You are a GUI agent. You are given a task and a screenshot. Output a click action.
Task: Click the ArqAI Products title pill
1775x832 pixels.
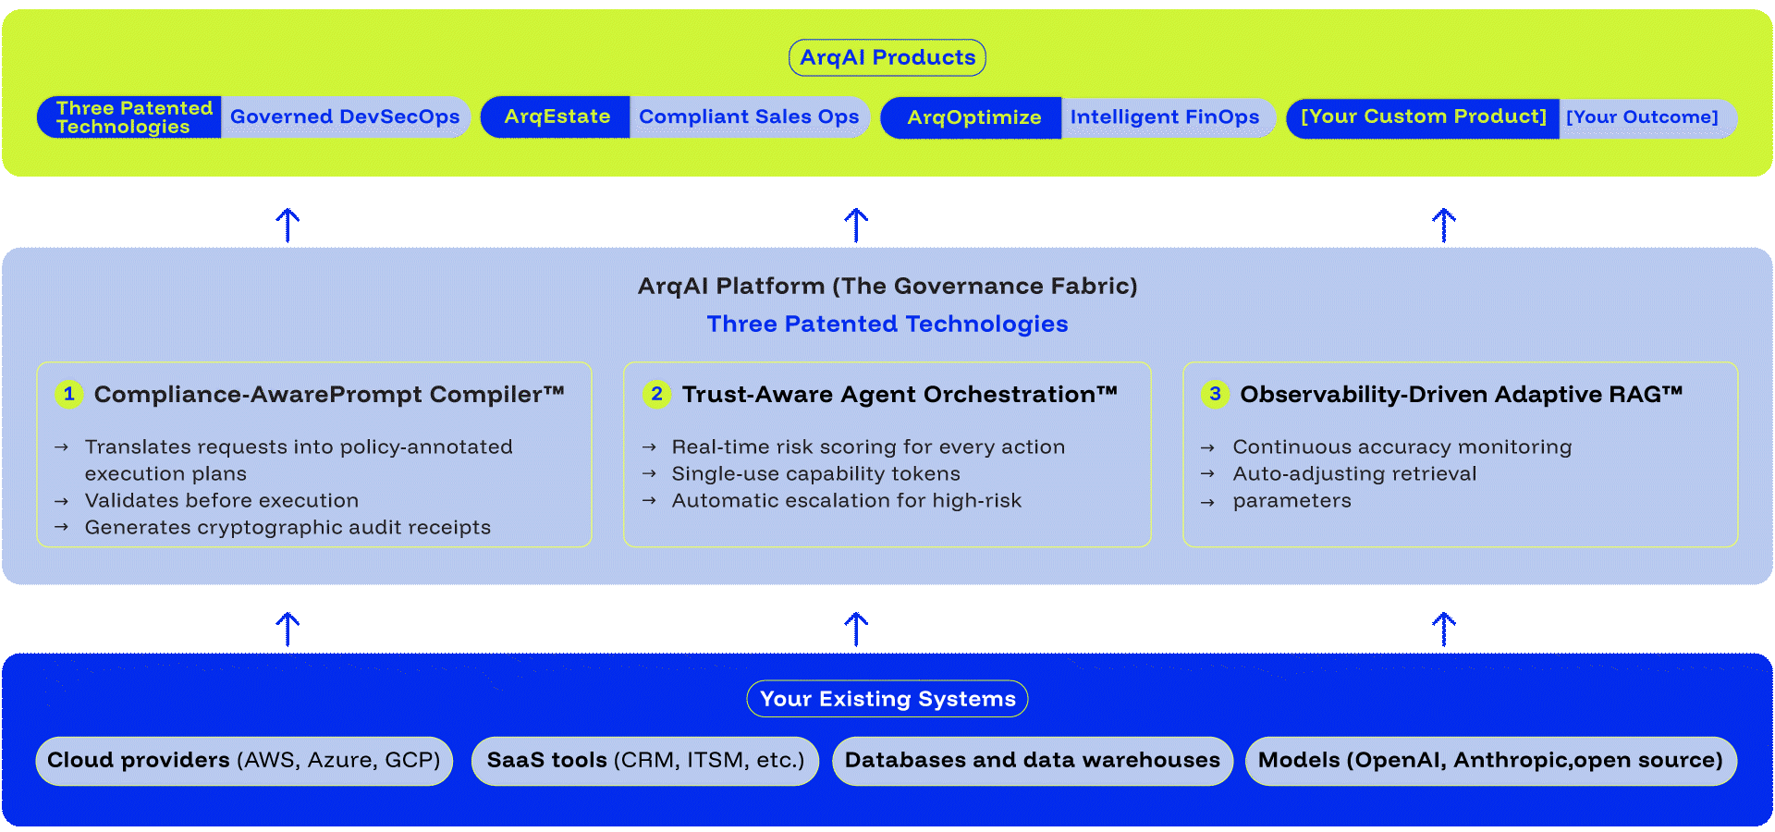[887, 57]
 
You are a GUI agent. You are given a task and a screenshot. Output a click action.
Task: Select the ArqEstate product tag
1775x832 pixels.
[557, 117]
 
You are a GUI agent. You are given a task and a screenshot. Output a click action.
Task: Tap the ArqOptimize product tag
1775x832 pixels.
[973, 117]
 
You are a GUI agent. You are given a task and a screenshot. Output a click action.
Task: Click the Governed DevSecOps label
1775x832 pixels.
[345, 117]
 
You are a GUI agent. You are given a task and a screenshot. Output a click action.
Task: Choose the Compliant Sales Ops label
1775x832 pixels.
[749, 117]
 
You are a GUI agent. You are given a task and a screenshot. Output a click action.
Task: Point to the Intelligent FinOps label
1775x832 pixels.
[1165, 117]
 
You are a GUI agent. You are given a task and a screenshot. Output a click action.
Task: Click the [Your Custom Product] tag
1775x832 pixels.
[1423, 117]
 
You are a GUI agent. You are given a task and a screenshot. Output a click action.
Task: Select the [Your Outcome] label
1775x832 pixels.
[1642, 117]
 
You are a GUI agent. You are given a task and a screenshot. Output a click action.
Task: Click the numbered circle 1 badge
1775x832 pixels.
[68, 394]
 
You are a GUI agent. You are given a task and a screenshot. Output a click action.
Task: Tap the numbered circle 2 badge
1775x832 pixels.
[656, 394]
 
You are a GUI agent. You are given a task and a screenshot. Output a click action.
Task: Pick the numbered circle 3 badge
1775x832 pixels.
[1215, 394]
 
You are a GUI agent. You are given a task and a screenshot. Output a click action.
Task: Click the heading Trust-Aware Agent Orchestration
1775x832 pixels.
[899, 395]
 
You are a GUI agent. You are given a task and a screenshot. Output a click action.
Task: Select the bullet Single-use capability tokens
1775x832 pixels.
[815, 474]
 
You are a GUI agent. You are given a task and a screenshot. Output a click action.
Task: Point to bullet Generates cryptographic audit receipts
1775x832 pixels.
[288, 528]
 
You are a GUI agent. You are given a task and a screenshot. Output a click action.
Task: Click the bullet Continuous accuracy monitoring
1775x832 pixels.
[1402, 447]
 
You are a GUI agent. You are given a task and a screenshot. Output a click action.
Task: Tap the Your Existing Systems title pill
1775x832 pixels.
[887, 699]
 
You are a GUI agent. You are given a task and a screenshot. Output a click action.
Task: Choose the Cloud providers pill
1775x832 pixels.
[244, 761]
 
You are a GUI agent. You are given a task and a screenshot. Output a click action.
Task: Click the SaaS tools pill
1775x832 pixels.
[645, 761]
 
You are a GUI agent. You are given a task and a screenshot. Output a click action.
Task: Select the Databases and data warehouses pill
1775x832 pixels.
[1032, 761]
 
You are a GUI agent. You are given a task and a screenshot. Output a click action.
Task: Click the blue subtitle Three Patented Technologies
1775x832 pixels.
[887, 324]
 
